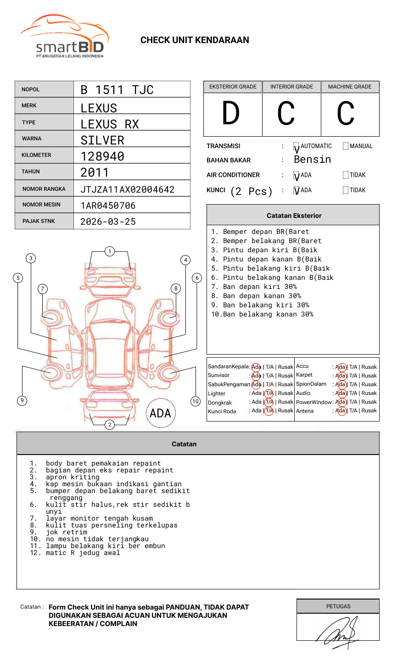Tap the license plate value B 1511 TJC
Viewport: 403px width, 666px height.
pyautogui.click(x=117, y=90)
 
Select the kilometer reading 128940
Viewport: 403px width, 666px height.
pyautogui.click(x=102, y=156)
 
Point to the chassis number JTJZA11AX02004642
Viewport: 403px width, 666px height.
pyautogui.click(x=127, y=189)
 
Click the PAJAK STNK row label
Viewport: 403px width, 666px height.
pyautogui.click(x=39, y=221)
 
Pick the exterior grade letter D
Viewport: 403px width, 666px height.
pyautogui.click(x=231, y=113)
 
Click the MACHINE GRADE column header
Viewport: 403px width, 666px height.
pyautogui.click(x=350, y=87)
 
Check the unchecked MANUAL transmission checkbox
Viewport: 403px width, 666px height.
pyautogui.click(x=346, y=146)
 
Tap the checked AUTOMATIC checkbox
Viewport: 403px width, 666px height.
pyautogui.click(x=297, y=147)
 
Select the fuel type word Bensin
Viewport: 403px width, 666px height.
pyautogui.click(x=313, y=160)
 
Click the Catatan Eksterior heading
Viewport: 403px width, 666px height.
pyautogui.click(x=294, y=216)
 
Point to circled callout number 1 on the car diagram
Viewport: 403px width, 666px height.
pyautogui.click(x=110, y=251)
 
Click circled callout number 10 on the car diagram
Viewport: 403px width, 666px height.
pyautogui.click(x=196, y=401)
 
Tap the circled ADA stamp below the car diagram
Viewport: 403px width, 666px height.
pyautogui.click(x=161, y=413)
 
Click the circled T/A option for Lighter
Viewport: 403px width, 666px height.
pyautogui.click(x=269, y=393)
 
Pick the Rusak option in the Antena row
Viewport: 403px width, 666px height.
pyautogui.click(x=369, y=411)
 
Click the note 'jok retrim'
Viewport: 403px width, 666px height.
pyautogui.click(x=66, y=532)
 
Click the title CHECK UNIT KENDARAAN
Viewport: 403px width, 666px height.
pyautogui.click(x=195, y=40)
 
